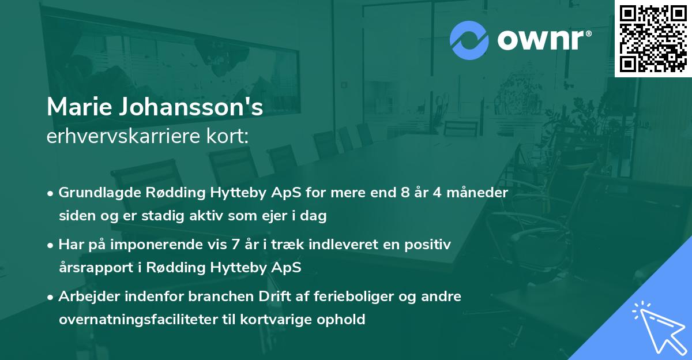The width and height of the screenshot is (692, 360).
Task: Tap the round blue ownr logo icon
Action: pos(469,40)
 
